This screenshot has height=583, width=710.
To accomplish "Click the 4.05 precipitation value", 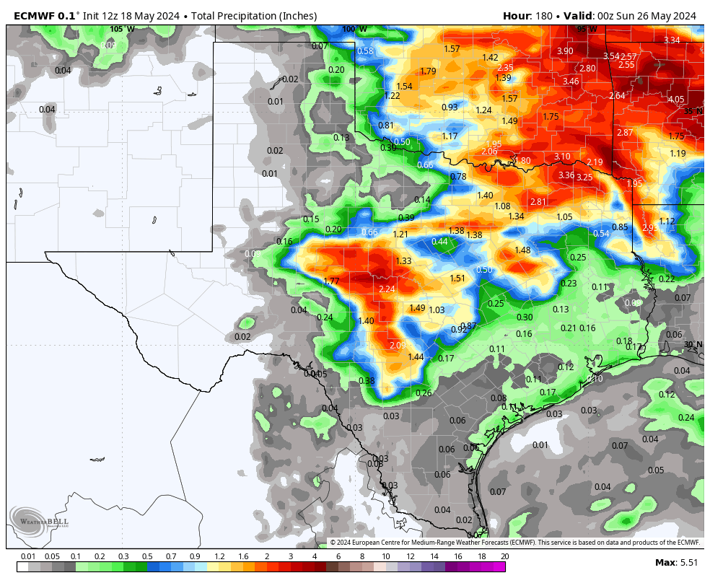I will [676, 100].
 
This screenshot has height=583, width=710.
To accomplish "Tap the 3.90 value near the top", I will [565, 51].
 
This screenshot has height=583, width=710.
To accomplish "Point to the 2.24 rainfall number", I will [387, 289].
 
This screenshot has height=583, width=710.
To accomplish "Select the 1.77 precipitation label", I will [331, 281].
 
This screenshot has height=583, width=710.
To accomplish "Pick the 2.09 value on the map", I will [398, 345].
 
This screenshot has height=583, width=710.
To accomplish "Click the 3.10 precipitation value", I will [562, 157].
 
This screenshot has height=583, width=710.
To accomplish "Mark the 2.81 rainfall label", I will [538, 202].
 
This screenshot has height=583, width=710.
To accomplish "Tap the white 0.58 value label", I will [366, 51].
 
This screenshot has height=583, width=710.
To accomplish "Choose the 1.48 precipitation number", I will [522, 250].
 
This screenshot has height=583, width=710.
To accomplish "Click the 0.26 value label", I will [424, 393].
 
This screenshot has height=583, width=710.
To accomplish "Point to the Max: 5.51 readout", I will [675, 562].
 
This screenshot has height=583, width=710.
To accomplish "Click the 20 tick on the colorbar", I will [504, 556].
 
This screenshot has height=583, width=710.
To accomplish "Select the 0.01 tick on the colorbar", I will [28, 556].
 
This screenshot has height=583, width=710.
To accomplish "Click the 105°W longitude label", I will [122, 29].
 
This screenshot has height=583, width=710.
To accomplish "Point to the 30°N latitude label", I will [693, 344].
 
